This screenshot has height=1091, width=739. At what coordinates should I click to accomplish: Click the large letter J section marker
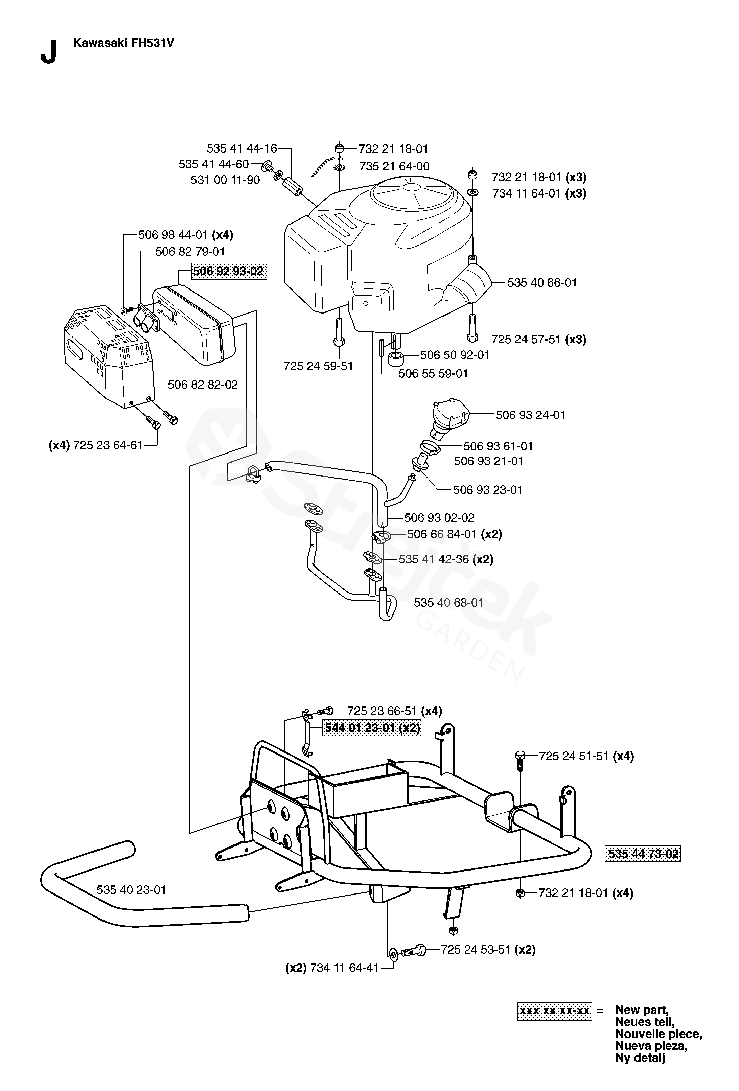click(x=49, y=52)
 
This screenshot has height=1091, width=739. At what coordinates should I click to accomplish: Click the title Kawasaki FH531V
click(x=124, y=43)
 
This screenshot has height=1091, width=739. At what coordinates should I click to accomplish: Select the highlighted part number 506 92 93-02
click(x=229, y=271)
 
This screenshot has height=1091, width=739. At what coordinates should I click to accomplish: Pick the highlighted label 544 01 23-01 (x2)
click(x=372, y=728)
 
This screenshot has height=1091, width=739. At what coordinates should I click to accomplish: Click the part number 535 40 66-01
click(x=542, y=283)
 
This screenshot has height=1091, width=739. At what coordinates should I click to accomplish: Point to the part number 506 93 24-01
click(x=531, y=415)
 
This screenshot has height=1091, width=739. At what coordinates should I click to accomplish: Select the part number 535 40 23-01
click(x=132, y=890)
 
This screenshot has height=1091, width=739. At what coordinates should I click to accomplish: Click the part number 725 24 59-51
click(x=318, y=366)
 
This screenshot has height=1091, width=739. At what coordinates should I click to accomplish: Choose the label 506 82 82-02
click(x=203, y=385)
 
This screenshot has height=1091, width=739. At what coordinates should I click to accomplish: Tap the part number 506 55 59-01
click(x=433, y=373)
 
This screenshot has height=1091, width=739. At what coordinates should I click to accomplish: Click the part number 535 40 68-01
click(x=448, y=603)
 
